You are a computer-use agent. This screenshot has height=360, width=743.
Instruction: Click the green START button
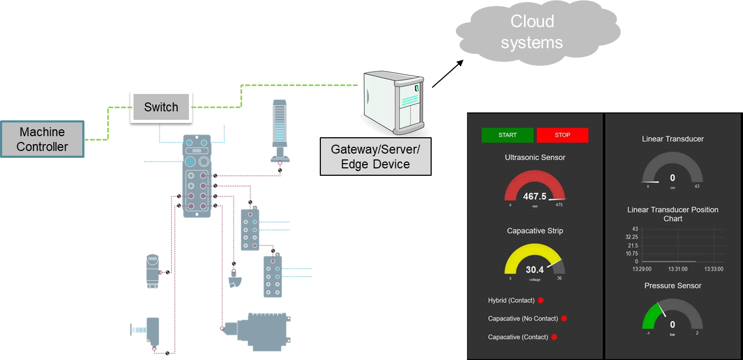[507, 135]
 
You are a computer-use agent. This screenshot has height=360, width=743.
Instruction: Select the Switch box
[161, 107]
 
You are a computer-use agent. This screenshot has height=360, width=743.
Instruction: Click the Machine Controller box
[42, 139]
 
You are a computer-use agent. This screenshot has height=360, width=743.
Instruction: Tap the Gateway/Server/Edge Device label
[375, 156]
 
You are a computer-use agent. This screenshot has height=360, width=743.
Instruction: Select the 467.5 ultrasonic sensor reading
[535, 196]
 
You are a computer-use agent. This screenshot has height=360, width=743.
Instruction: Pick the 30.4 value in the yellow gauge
[535, 270]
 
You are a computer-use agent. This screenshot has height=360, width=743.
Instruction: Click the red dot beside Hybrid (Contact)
[540, 300]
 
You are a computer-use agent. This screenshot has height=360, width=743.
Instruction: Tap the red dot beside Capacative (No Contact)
[564, 318]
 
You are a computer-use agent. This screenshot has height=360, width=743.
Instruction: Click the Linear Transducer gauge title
[673, 139]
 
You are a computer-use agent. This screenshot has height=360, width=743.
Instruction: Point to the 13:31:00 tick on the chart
[678, 269]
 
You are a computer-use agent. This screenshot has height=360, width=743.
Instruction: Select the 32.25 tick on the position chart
[631, 237]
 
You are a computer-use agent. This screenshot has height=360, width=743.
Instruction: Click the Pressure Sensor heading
[673, 286]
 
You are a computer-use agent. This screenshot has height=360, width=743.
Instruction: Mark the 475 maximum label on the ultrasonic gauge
[559, 205]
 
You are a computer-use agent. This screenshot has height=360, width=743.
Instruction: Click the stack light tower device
[280, 129]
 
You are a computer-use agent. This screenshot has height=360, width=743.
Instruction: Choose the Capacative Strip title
[535, 231]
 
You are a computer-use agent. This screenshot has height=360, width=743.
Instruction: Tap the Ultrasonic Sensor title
[535, 157]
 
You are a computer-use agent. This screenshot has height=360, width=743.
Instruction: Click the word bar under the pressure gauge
[672, 335]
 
